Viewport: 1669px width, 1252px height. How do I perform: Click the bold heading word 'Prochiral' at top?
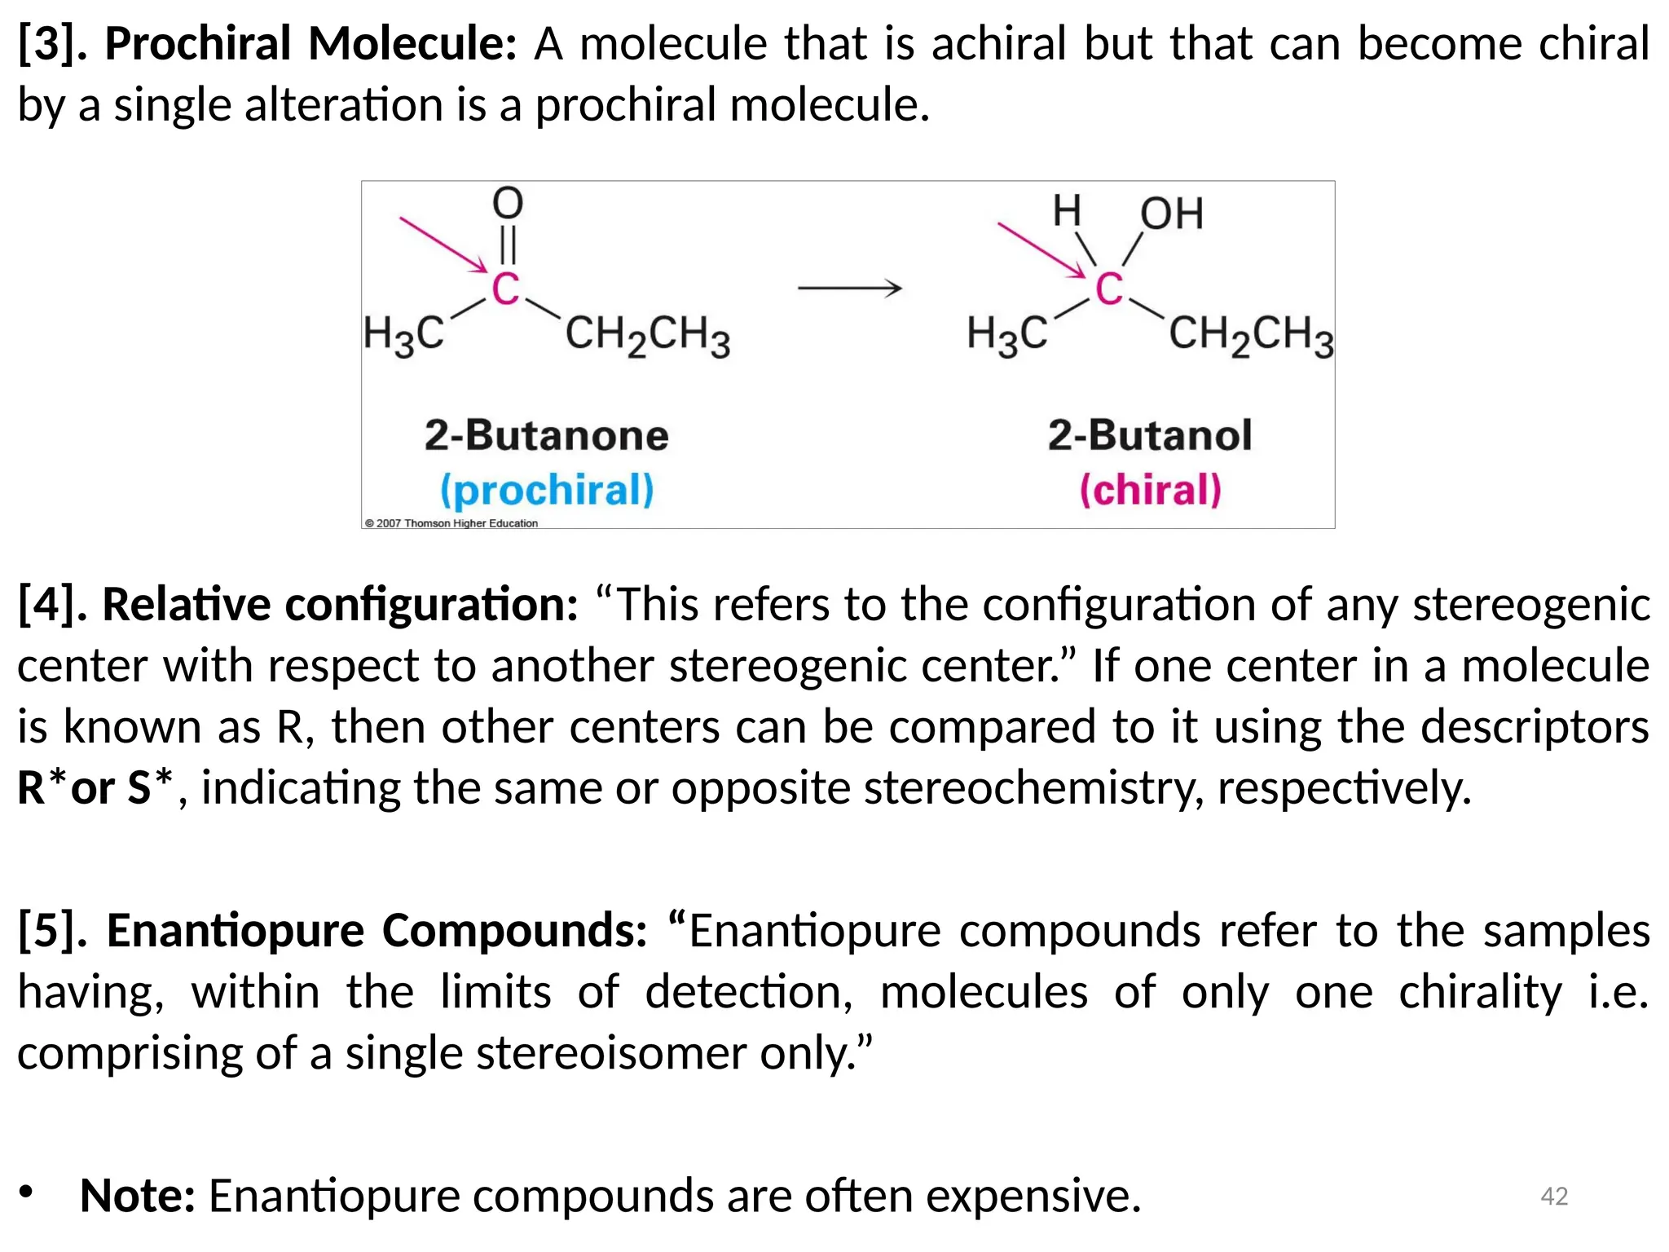click(197, 44)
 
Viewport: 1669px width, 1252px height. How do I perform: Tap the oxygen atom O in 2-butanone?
click(507, 203)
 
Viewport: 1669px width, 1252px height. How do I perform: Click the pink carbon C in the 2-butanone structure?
click(505, 289)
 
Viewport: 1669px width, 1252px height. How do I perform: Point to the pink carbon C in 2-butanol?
click(1108, 289)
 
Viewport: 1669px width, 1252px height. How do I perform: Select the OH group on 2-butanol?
click(1171, 214)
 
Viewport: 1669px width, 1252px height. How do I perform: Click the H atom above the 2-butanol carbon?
click(1067, 211)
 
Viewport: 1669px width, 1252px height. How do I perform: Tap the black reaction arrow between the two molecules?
click(849, 288)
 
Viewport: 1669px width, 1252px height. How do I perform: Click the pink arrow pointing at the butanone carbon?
click(442, 244)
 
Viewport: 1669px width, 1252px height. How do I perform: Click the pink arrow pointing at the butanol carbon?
click(1041, 249)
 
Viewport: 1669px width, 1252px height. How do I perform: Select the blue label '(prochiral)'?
click(547, 490)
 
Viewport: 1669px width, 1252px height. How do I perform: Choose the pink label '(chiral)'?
click(1150, 490)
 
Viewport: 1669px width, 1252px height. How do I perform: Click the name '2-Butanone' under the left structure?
click(546, 435)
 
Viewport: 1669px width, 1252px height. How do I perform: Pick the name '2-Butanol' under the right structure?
click(1149, 435)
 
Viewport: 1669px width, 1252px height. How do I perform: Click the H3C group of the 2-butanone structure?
click(404, 334)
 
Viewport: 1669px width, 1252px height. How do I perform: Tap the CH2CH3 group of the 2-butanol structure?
click(1251, 334)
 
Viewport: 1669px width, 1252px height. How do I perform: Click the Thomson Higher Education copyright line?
click(451, 523)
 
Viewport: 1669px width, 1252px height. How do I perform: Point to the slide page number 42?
click(1554, 1196)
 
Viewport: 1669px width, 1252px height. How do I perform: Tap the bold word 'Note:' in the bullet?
click(138, 1196)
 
